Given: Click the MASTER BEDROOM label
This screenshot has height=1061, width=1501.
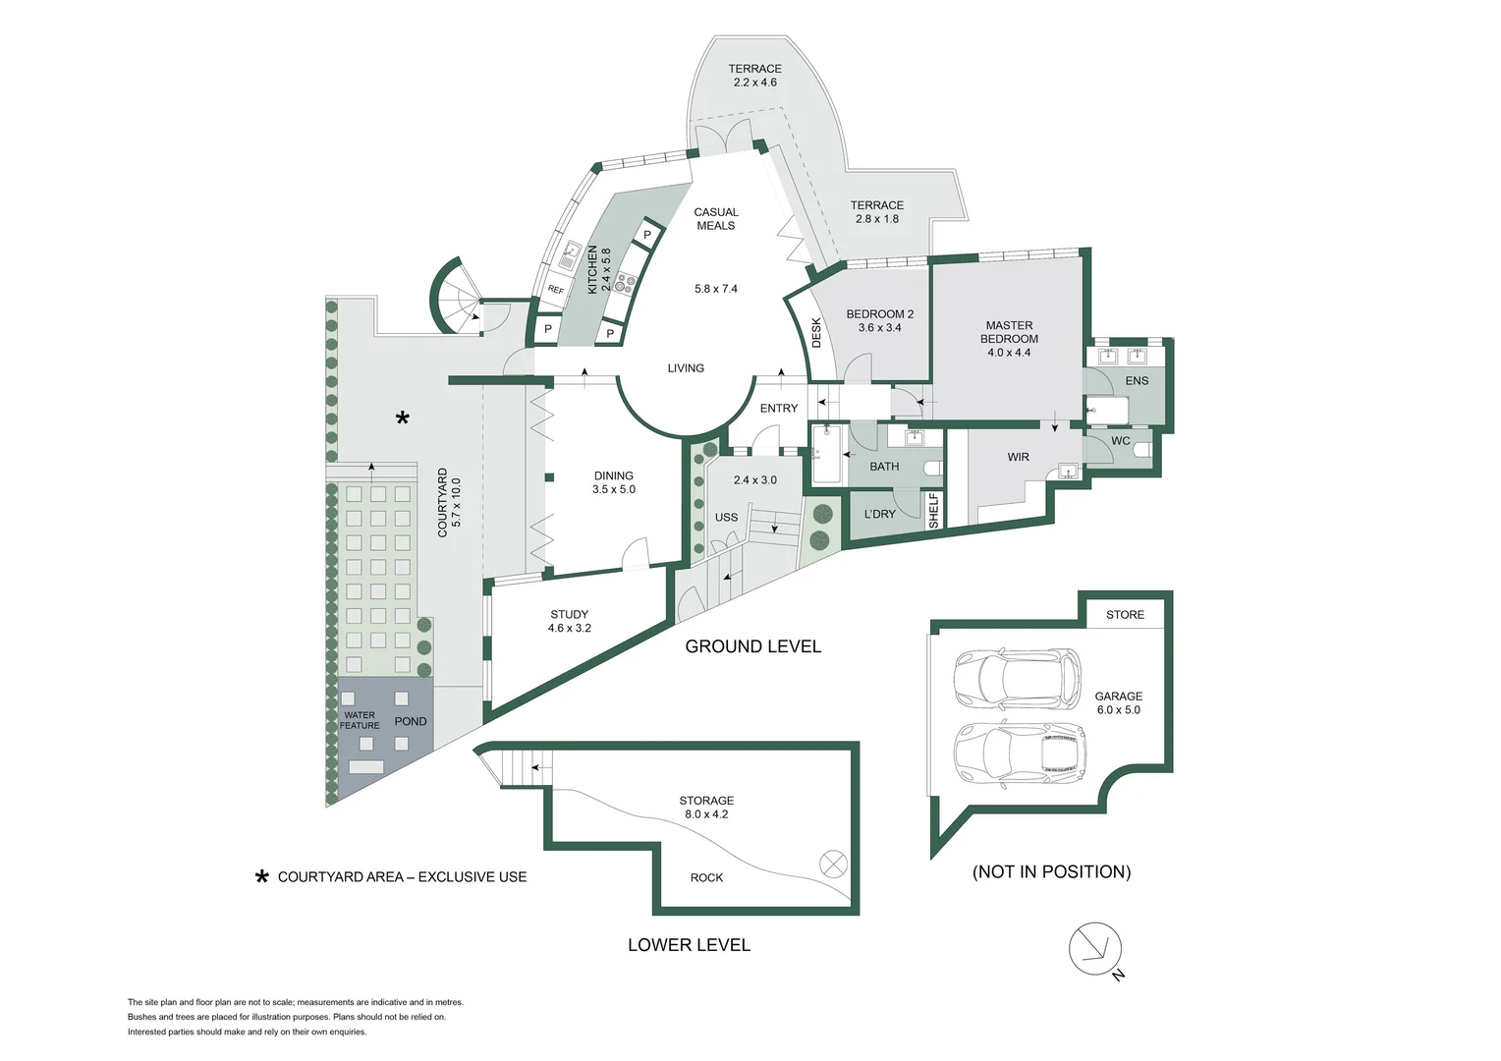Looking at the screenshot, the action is [1009, 332].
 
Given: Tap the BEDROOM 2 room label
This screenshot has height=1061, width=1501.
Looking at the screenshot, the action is [879, 314].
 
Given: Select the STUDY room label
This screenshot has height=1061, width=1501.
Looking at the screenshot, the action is [569, 615].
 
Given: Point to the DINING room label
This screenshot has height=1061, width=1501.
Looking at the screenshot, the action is [613, 475].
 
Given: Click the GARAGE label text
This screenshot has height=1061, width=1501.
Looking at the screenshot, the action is [1118, 697].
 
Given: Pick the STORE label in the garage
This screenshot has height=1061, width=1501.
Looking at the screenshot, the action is [1125, 615].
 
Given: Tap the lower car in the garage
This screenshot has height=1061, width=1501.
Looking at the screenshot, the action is [1021, 754].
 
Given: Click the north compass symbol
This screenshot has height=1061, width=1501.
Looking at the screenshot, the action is [1094, 950].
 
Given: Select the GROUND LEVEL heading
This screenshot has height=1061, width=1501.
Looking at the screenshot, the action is [752, 646].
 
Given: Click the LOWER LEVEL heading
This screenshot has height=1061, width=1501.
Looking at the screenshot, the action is [689, 945].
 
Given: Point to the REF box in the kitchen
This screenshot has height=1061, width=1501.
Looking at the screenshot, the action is [556, 290].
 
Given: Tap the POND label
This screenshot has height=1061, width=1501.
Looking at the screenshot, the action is [411, 721].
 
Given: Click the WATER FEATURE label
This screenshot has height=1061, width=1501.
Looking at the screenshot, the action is [360, 720].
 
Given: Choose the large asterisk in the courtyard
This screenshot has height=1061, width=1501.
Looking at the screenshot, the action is [402, 419].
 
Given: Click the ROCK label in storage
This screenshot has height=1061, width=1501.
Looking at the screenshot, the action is [706, 878].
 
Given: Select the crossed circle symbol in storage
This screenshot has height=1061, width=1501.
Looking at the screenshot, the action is [832, 864].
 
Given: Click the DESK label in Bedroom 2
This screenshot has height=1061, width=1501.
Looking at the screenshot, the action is [816, 333].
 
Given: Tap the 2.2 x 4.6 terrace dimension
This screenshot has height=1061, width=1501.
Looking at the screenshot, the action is [754, 83].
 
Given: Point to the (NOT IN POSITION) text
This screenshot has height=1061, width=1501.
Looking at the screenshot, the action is [1051, 872].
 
